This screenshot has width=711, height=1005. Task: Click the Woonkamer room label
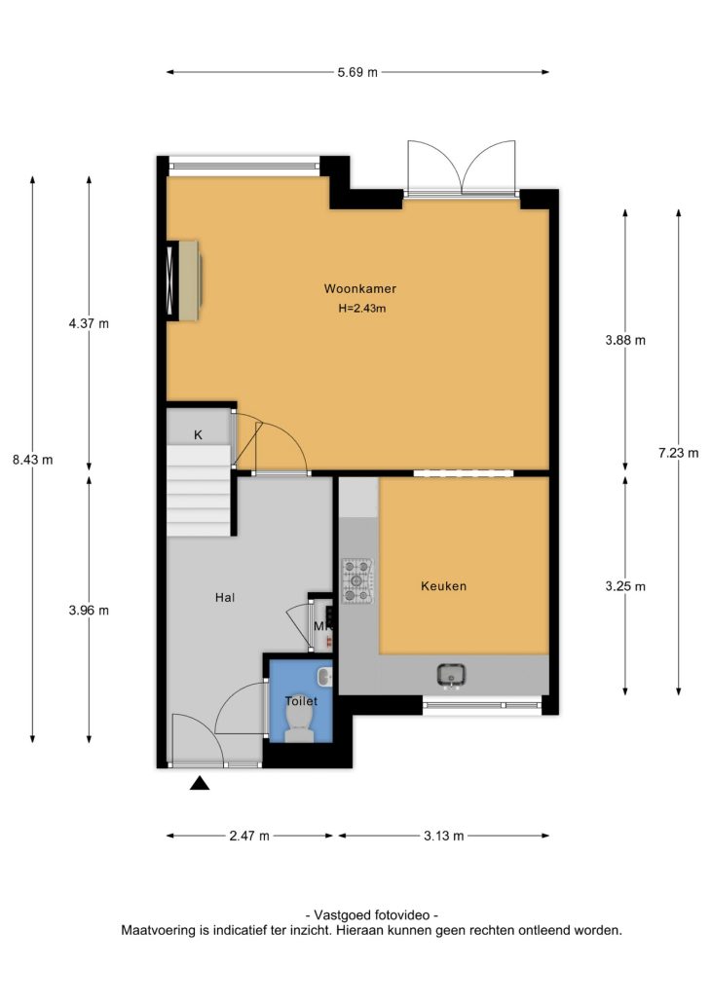[359, 288]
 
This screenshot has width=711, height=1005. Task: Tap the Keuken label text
[444, 586]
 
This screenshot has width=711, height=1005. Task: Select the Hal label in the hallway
[225, 597]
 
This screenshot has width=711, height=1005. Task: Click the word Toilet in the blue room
[301, 701]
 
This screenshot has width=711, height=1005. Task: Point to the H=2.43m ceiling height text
[362, 309]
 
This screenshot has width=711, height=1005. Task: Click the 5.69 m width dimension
[357, 72]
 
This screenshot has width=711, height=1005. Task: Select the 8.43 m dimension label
[33, 460]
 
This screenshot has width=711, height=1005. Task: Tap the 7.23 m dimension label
[678, 453]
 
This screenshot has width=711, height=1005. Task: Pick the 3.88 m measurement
[625, 340]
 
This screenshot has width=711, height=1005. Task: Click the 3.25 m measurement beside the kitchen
[625, 586]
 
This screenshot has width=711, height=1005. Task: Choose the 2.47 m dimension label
[249, 836]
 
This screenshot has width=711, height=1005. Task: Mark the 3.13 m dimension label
[444, 836]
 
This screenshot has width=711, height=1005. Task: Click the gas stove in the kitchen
[357, 580]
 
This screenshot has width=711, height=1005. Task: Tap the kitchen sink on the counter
[451, 676]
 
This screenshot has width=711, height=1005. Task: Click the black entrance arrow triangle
[200, 783]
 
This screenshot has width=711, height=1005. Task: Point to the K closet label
[198, 435]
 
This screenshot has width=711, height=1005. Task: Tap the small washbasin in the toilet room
[324, 676]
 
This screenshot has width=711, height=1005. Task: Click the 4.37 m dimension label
[89, 323]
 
